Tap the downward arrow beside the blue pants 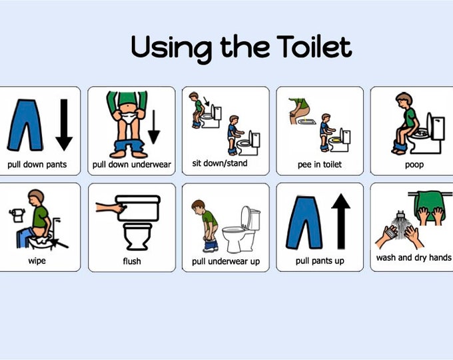[x=64, y=124]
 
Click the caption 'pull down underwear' [x=131, y=164]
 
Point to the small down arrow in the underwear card [x=154, y=127]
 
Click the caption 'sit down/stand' [x=225, y=163]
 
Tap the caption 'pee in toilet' [x=320, y=164]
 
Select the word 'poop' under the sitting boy [x=414, y=164]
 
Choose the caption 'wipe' [x=37, y=261]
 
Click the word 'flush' [x=132, y=261]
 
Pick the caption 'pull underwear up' [x=226, y=261]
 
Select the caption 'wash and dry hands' [x=414, y=257]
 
